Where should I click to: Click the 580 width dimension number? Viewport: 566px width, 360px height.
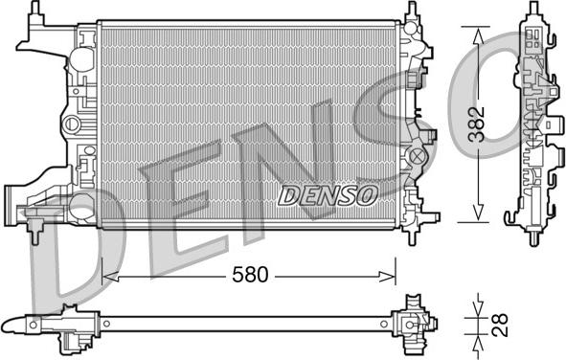click(x=250, y=275)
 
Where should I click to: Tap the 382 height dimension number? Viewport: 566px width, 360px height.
click(x=477, y=124)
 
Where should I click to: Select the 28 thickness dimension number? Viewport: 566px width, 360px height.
click(x=501, y=325)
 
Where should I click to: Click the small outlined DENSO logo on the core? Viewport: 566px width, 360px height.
click(x=327, y=195)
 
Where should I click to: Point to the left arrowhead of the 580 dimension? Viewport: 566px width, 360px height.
click(x=110, y=277)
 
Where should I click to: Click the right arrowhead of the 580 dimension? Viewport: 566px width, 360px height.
click(x=388, y=277)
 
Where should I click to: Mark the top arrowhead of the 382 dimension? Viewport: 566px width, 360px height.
click(x=478, y=36)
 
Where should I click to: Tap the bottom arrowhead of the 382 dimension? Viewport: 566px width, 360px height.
click(x=478, y=213)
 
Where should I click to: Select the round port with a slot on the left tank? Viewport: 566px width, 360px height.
click(x=72, y=124)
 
